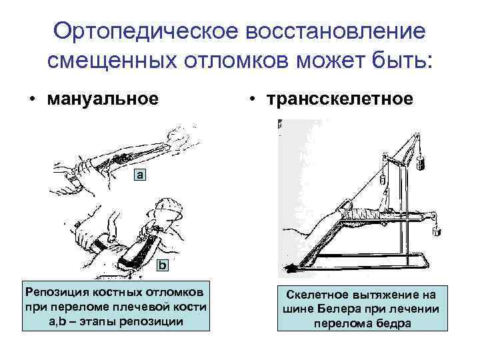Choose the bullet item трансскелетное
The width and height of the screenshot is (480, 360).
(340, 99)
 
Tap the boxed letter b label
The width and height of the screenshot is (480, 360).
(162, 266)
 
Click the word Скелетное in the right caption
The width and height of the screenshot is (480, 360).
(319, 295)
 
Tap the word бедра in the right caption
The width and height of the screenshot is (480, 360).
(394, 324)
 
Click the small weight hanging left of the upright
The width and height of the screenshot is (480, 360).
(383, 179)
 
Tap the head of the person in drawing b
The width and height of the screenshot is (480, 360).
(167, 213)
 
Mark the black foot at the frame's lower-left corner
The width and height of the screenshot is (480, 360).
(292, 268)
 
